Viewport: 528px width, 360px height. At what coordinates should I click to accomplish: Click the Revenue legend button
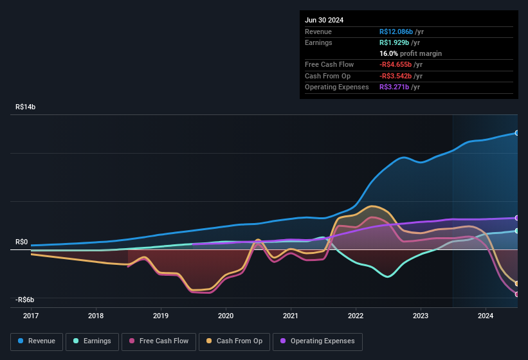point(37,341)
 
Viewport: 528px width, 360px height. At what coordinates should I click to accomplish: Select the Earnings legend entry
point(92,341)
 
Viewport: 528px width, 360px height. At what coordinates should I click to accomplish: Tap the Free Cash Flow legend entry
point(158,341)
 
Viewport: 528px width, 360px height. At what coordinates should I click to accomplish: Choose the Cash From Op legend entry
point(234,341)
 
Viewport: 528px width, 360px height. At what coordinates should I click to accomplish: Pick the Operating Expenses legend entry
point(317,341)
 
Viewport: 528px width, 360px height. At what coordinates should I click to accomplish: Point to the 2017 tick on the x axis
point(31,316)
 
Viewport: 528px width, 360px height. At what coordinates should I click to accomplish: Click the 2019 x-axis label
point(161,316)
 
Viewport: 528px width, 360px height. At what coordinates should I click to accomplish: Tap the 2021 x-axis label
point(291,316)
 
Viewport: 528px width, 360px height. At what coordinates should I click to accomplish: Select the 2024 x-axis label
point(486,316)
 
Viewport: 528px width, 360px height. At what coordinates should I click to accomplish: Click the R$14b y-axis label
point(26,107)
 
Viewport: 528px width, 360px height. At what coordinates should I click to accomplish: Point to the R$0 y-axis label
point(22,242)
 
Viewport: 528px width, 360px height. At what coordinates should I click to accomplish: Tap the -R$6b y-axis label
point(26,300)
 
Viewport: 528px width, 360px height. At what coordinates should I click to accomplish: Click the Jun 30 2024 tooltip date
point(324,20)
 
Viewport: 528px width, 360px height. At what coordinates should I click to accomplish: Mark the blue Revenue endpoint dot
point(517,133)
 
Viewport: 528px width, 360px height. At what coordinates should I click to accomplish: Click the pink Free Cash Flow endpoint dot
point(517,294)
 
